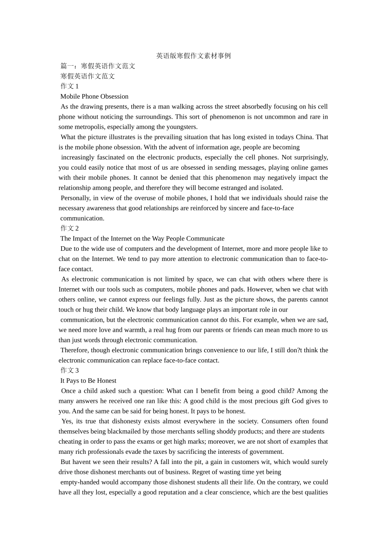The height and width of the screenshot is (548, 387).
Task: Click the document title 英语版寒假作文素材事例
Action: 193,56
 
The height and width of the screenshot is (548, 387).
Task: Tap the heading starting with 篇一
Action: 98,66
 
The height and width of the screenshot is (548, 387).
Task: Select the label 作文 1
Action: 70,86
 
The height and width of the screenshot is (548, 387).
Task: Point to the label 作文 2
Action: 70,228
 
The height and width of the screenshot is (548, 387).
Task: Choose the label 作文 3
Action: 70,370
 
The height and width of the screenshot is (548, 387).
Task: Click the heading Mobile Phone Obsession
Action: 95,97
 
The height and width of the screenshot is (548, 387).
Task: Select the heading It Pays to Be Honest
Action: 88,381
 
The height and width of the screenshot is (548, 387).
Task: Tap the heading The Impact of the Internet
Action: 143,239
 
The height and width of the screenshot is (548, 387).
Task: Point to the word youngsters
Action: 182,127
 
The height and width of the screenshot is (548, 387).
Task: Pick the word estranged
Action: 231,188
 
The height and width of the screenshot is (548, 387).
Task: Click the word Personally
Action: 75,198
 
